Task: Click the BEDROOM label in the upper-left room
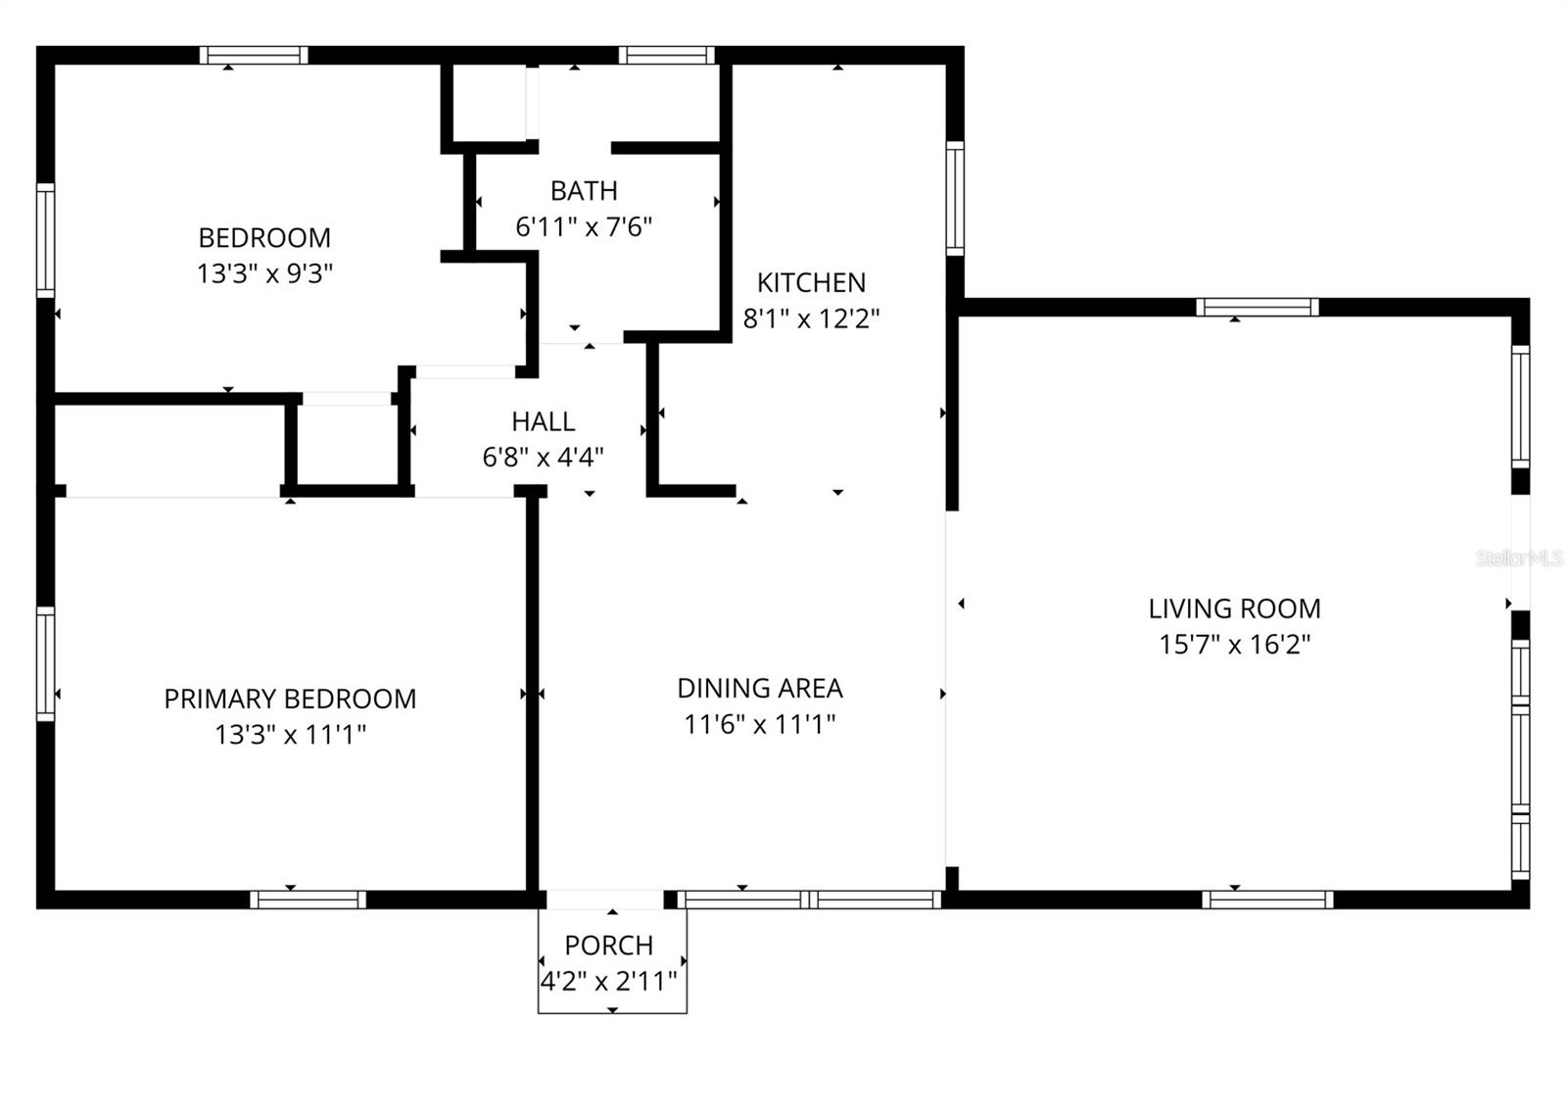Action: [264, 237]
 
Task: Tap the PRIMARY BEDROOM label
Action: [290, 699]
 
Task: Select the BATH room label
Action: [584, 190]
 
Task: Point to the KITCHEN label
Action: [811, 282]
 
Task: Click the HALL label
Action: [543, 421]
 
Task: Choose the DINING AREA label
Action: [760, 688]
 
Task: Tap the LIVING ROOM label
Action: [1234, 608]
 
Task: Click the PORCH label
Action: [609, 946]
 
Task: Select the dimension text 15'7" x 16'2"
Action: [1234, 645]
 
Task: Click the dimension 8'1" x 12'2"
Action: [811, 318]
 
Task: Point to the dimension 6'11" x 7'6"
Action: [584, 226]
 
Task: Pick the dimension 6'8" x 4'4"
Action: [543, 457]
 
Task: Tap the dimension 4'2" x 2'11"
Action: [609, 981]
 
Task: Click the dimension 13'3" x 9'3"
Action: [264, 273]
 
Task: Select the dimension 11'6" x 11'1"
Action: [760, 724]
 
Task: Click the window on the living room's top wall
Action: [1258, 307]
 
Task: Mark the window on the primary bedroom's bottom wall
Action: [308, 899]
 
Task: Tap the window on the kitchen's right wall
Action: [955, 198]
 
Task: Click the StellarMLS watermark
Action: [1520, 558]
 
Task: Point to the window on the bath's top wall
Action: [667, 55]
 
